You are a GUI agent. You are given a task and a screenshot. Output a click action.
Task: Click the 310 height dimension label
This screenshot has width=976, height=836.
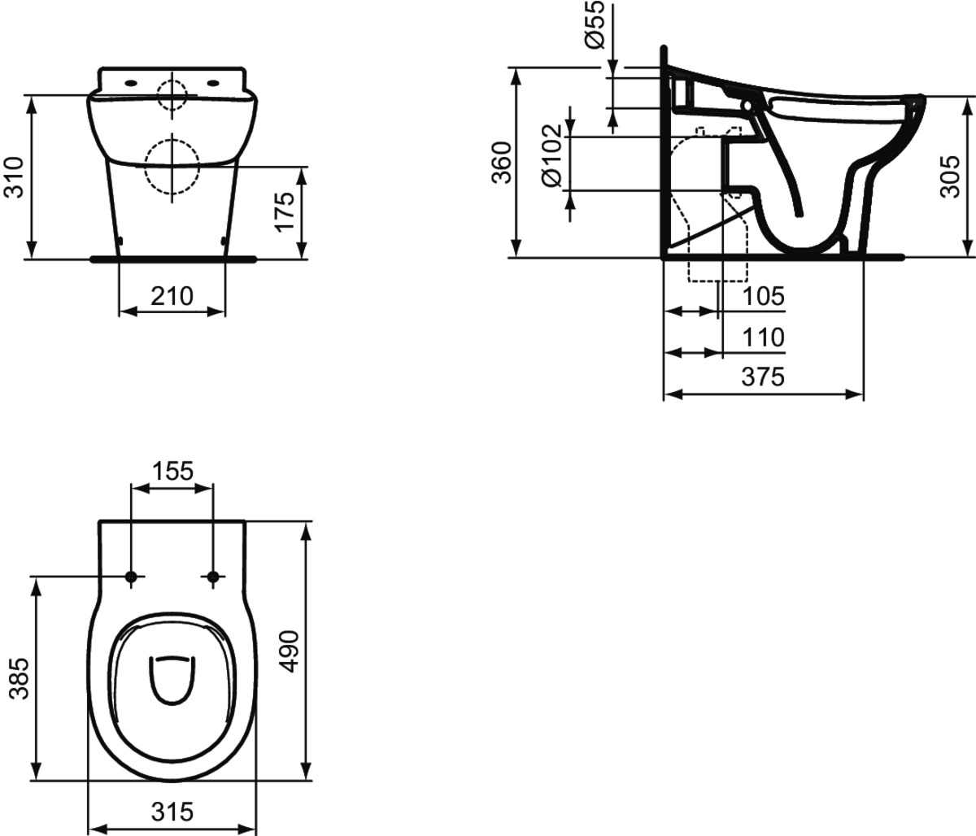(x=14, y=177)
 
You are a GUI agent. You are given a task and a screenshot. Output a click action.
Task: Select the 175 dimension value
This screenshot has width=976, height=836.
(x=285, y=212)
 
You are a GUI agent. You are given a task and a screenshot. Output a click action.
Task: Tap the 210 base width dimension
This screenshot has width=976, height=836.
(x=172, y=297)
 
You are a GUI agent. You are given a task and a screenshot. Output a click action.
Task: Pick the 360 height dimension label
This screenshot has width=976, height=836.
(x=502, y=163)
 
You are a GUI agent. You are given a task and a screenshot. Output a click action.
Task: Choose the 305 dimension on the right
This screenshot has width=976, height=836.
(x=949, y=176)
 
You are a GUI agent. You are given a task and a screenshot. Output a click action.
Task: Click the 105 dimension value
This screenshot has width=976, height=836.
(x=764, y=297)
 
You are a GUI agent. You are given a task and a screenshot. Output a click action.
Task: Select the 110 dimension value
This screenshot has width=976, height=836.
(x=764, y=337)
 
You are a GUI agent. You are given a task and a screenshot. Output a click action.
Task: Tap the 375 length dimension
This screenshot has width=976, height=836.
(x=763, y=377)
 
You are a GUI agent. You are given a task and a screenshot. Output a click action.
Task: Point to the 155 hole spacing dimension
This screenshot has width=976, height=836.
(x=172, y=471)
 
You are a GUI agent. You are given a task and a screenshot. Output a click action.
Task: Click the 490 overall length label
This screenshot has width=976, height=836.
(x=289, y=651)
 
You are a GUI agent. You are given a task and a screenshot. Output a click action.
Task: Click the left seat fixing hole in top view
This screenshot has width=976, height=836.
(x=131, y=577)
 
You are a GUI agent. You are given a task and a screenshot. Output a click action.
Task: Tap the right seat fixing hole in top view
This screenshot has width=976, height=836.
(x=213, y=577)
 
